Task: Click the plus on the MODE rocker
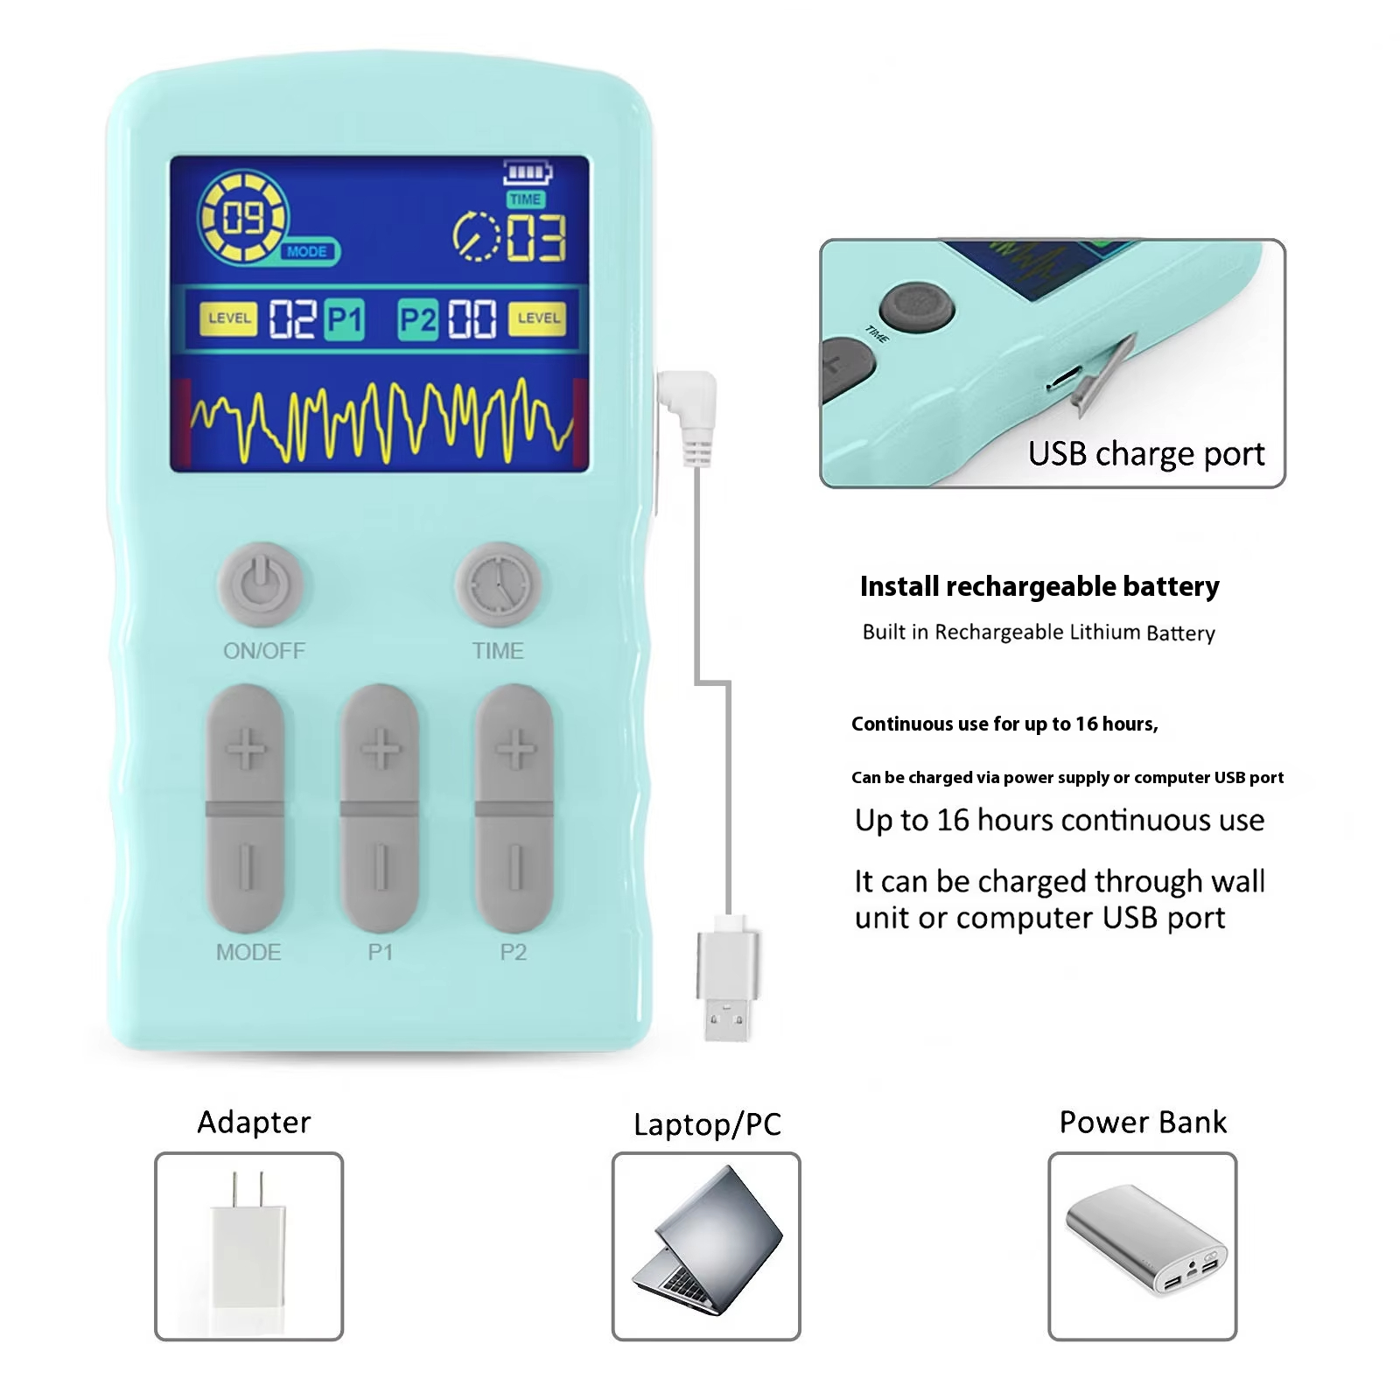coord(246,749)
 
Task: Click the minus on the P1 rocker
coord(380,867)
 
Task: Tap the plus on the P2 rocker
coord(515,749)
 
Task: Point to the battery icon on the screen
coord(528,172)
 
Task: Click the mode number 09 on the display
coord(243,217)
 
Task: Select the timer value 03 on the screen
coord(536,238)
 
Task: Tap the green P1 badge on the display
coord(344,319)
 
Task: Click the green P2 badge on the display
coord(418,319)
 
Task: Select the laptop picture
coord(707,1240)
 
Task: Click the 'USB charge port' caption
coord(1146,454)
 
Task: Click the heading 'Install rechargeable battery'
coord(1039,586)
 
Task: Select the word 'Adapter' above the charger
coord(254,1122)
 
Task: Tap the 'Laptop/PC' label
coord(707,1124)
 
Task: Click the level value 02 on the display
coord(291,319)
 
